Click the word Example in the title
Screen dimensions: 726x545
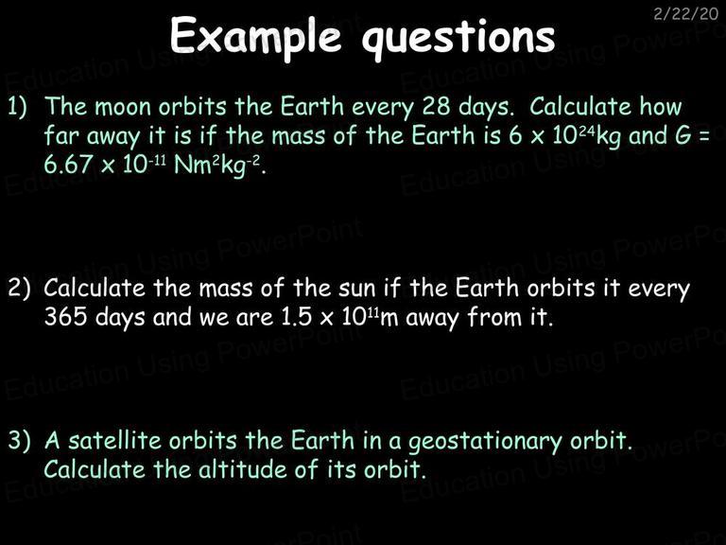click(x=255, y=37)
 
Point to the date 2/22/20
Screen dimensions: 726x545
click(x=685, y=14)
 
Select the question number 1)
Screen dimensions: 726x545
click(x=18, y=107)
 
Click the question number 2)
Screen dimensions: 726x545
click(x=19, y=289)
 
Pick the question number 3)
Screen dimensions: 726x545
click(x=19, y=440)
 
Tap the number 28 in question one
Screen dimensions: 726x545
click(x=436, y=107)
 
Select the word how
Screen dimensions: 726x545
click(x=661, y=106)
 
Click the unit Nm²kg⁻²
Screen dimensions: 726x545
click(x=217, y=166)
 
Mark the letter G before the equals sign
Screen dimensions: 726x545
click(x=683, y=135)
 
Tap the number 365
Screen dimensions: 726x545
click(x=65, y=317)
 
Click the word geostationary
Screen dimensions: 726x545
click(x=484, y=442)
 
